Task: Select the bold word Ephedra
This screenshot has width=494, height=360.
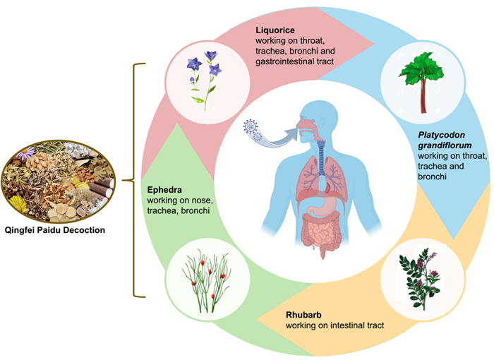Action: [x=167, y=189]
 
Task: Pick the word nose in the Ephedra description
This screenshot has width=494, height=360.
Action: [x=202, y=200]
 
